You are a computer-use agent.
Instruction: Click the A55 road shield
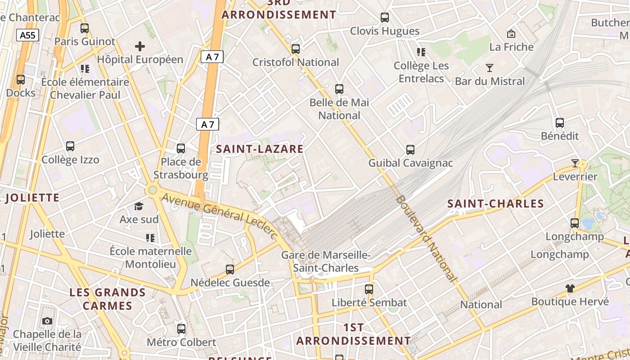(x=28, y=35)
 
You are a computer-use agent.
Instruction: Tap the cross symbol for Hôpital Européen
(x=140, y=46)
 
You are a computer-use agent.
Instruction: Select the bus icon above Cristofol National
(x=296, y=49)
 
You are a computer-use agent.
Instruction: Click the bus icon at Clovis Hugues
(x=385, y=18)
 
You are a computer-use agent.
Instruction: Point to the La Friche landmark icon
(x=511, y=34)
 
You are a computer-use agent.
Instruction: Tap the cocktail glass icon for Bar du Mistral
(x=490, y=68)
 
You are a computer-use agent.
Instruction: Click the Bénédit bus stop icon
(x=560, y=122)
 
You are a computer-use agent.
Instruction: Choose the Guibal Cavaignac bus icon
(x=410, y=149)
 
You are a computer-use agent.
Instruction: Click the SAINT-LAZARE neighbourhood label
(x=260, y=149)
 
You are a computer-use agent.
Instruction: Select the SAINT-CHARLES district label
(x=495, y=204)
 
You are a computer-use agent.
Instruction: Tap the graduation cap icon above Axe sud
(x=139, y=206)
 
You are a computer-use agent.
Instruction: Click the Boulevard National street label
(x=426, y=238)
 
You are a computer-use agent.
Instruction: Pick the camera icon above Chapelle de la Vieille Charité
(x=47, y=321)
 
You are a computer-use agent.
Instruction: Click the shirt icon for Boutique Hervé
(x=570, y=288)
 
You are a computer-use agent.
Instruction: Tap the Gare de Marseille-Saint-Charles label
(x=326, y=261)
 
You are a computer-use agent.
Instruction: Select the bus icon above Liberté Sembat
(x=369, y=289)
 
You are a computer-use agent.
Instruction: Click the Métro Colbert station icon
(x=181, y=329)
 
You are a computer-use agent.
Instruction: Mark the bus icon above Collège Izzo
(x=70, y=146)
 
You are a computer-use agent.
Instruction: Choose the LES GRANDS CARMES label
(x=108, y=299)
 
